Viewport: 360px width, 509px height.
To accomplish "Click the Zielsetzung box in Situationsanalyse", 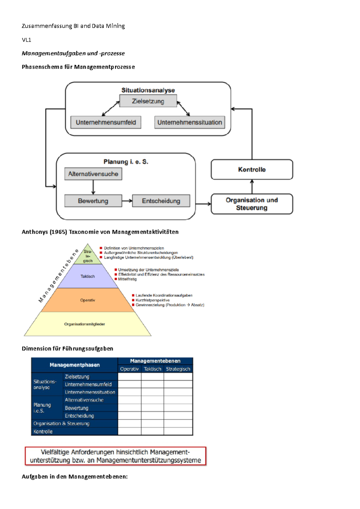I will [148, 101].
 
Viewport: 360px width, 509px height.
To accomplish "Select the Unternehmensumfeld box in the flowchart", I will [106, 122].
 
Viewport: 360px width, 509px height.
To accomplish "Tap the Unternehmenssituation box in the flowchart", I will [190, 122].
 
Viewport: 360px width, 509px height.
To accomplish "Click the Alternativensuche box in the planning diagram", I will [93, 174].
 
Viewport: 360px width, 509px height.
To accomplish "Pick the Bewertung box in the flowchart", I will [93, 201].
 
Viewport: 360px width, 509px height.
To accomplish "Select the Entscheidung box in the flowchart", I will [161, 201].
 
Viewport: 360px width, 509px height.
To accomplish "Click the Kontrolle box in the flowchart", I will [252, 169].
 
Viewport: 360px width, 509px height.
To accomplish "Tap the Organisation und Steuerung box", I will [252, 204].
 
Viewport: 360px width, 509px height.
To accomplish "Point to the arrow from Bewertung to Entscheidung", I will [127, 201].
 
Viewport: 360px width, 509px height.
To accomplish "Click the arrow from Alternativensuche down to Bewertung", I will [93, 187].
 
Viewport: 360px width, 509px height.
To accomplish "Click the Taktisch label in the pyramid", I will [88, 276].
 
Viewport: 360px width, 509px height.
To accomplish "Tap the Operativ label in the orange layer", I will [88, 300].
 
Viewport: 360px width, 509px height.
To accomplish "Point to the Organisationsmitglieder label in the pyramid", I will [85, 324].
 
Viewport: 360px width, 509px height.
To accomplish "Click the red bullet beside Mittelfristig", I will [116, 279].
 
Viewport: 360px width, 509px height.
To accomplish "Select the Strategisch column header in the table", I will [178, 369].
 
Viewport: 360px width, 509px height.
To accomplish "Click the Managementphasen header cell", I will [75, 365].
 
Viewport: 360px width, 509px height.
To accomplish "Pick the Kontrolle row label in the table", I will [43, 431].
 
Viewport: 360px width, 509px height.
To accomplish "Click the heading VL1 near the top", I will [26, 40].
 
